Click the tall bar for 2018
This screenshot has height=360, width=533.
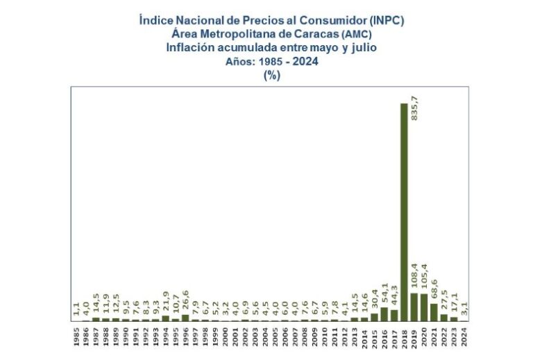[404, 212]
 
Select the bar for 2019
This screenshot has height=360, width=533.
[414, 307]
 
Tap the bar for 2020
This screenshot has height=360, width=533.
[423, 307]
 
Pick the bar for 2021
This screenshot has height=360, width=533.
[434, 312]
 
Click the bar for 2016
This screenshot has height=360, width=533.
[384, 314]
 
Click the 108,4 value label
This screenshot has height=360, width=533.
[414, 280]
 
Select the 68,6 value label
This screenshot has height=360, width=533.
[434, 291]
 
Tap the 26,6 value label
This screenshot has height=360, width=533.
[185, 302]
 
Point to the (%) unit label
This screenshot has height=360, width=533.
[271, 76]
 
